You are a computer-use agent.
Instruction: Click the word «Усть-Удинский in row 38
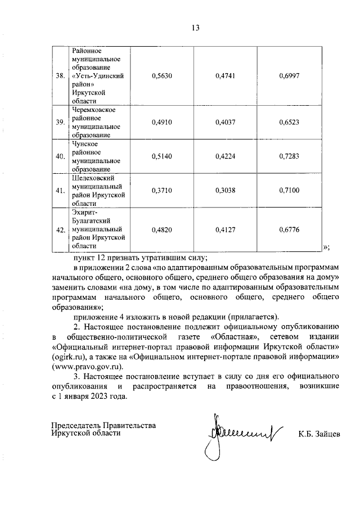tap(98, 75)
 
